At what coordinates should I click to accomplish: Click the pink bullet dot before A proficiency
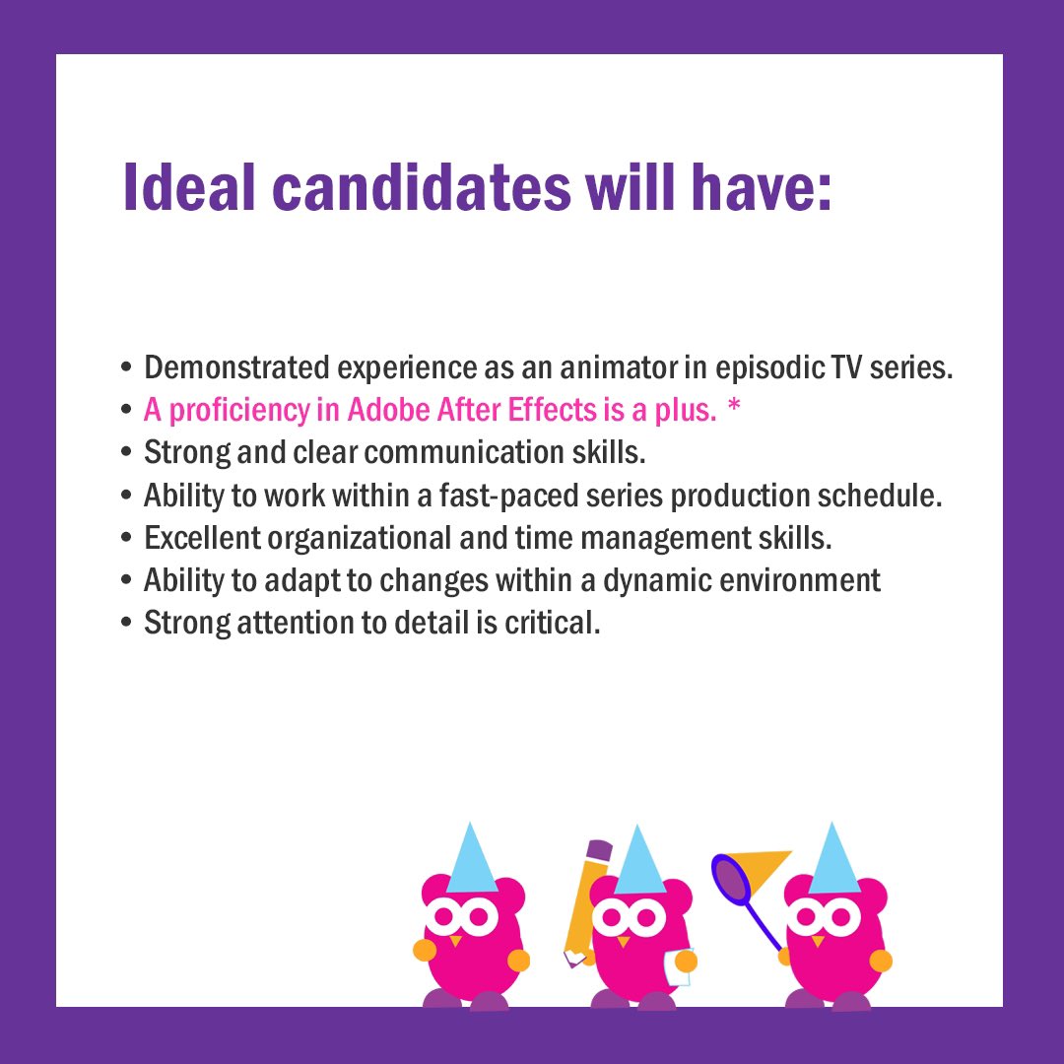pyautogui.click(x=126, y=411)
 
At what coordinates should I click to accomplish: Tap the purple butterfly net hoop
pyautogui.click(x=732, y=879)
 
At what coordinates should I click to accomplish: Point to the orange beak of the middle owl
pyautogui.click(x=623, y=940)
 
